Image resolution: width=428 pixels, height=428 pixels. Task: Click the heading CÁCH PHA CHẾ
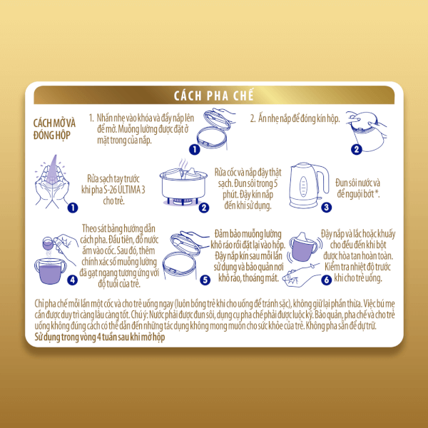pyautogui.click(x=214, y=96)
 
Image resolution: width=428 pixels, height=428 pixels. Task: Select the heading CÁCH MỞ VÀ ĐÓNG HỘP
pyautogui.click(x=54, y=129)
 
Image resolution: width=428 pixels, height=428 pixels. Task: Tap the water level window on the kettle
pyautogui.click(x=303, y=186)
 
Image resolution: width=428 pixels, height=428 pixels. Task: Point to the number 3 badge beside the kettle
pyautogui.click(x=326, y=207)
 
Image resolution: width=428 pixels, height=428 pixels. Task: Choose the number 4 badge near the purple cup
pyautogui.click(x=72, y=280)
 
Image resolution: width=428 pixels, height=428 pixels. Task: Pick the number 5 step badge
pyautogui.click(x=205, y=280)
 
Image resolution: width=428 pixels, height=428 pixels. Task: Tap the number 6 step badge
pyautogui.click(x=326, y=280)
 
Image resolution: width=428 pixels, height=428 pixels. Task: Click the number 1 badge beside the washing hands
pyautogui.click(x=73, y=208)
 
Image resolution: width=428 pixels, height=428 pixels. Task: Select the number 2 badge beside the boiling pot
pyautogui.click(x=204, y=208)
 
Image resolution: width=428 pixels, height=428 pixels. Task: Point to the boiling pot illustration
pyautogui.click(x=183, y=183)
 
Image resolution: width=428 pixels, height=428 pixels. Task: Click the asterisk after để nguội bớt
pyautogui.click(x=377, y=193)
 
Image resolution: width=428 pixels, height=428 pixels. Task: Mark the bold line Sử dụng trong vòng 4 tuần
pyautogui.click(x=100, y=337)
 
